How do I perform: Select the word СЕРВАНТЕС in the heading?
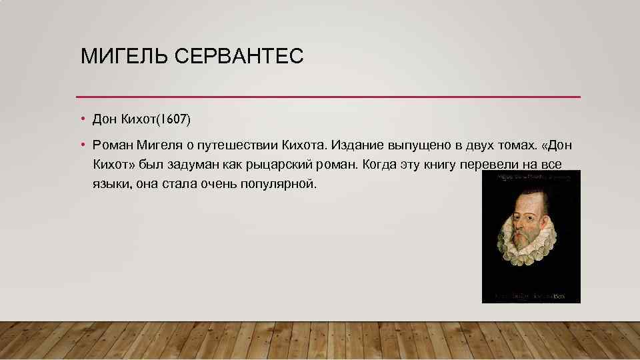pos(239,56)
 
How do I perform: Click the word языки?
pos(110,183)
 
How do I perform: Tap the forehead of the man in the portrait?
pos(533,200)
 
